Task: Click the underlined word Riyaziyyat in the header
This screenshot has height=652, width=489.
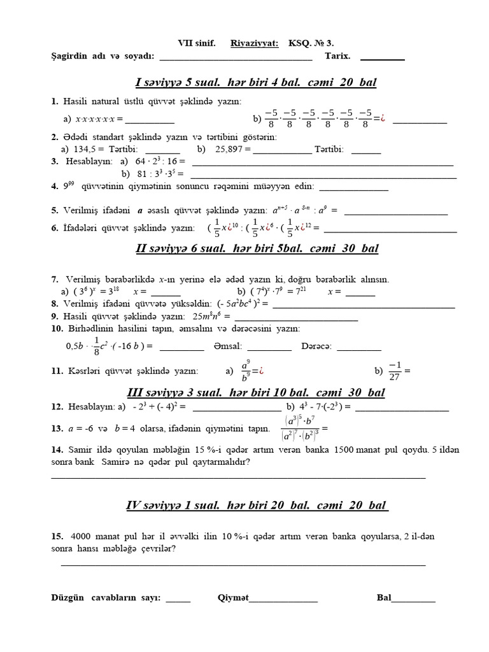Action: pyautogui.click(x=257, y=43)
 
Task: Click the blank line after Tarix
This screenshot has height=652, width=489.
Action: pyautogui.click(x=382, y=58)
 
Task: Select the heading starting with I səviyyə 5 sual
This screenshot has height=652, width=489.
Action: pyautogui.click(x=256, y=83)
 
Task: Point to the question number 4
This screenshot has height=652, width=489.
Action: pyautogui.click(x=54, y=187)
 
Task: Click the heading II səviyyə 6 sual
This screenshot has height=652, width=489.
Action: pyautogui.click(x=257, y=248)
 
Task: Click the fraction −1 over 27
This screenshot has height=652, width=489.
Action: pyautogui.click(x=396, y=371)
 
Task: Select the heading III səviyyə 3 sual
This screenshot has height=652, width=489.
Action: pyautogui.click(x=257, y=393)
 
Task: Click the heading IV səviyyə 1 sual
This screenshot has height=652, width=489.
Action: pyautogui.click(x=257, y=506)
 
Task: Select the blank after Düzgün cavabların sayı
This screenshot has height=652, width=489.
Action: pyautogui.click(x=178, y=600)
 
